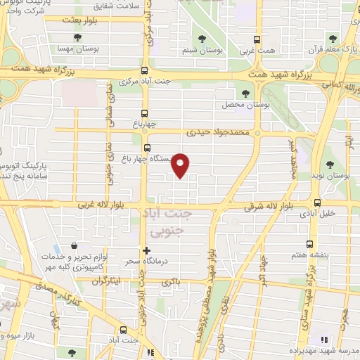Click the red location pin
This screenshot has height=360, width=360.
pyautogui.click(x=181, y=165)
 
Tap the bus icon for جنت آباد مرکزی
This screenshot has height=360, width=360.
pyautogui.click(x=144, y=70)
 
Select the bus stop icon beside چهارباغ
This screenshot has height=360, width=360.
pyautogui.click(x=144, y=113)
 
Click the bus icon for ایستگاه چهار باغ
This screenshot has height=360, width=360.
pyautogui.click(x=147, y=148)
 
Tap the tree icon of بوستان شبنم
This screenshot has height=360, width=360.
pyautogui.click(x=202, y=39)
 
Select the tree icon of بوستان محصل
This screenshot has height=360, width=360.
pyautogui.click(x=245, y=94)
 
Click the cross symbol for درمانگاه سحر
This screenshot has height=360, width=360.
pyautogui.click(x=146, y=251)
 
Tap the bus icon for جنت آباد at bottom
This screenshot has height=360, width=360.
pyautogui.click(x=124, y=329)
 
